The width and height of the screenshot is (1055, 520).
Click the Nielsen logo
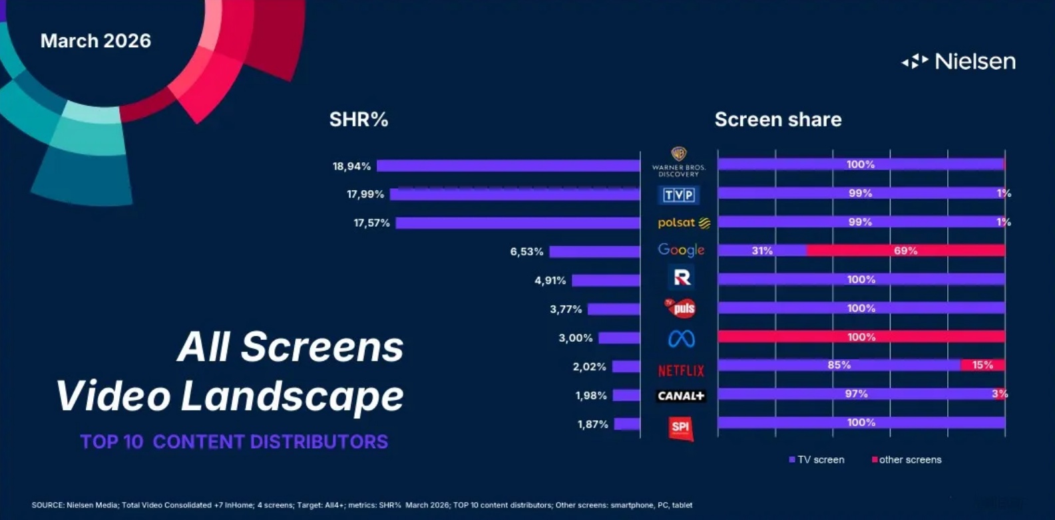[958, 61]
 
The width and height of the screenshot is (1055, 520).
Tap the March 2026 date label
[96, 41]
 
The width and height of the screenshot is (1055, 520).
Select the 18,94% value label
[351, 166]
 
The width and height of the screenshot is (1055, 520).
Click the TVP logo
[679, 195]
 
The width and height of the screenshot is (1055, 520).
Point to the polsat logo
[683, 223]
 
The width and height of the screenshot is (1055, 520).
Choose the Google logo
[681, 250]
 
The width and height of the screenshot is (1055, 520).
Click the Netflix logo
[681, 370]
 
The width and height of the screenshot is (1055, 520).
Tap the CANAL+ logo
[680, 396]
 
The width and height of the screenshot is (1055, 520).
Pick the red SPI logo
[680, 428]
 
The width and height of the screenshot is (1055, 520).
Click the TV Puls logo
[680, 308]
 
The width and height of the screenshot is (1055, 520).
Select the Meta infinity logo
[681, 339]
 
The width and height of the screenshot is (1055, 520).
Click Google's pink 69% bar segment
[905, 251]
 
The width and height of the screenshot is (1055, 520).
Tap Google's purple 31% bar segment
[762, 251]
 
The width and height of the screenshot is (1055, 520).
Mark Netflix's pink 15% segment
[982, 365]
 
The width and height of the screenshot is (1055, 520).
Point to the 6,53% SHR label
[527, 252]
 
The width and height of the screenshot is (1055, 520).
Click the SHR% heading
[359, 120]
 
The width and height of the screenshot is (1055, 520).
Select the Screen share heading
[778, 120]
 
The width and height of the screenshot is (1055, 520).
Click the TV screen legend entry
[817, 459]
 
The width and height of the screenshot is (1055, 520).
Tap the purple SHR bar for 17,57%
[518, 223]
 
